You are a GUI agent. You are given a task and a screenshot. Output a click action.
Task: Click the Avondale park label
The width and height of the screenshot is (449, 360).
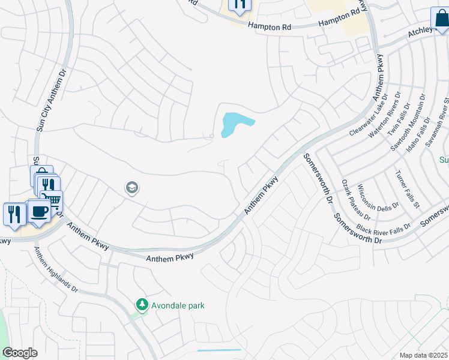[x=178, y=305]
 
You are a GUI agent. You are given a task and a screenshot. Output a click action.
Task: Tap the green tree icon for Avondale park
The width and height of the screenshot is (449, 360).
[x=142, y=305]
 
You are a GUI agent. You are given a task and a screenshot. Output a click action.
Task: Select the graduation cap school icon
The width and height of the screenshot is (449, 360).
[x=131, y=188]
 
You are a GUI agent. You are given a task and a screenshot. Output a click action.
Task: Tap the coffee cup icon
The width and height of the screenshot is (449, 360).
[x=40, y=212]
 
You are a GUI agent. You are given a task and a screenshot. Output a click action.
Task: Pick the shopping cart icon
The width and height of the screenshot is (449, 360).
[x=53, y=200]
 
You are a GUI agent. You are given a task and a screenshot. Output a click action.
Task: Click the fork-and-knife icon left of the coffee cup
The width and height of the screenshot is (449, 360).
[x=14, y=214]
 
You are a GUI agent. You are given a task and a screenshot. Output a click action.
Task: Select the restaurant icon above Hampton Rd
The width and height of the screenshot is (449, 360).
[x=239, y=5]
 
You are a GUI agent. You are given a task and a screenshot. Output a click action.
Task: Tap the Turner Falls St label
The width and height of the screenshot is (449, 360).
[x=406, y=189]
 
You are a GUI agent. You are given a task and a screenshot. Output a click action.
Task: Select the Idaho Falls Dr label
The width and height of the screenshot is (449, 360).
[x=424, y=134]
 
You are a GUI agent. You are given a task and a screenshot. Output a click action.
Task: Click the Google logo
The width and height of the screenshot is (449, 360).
[x=20, y=353]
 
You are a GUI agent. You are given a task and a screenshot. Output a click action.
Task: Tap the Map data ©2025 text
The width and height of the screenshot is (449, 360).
[x=423, y=355]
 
